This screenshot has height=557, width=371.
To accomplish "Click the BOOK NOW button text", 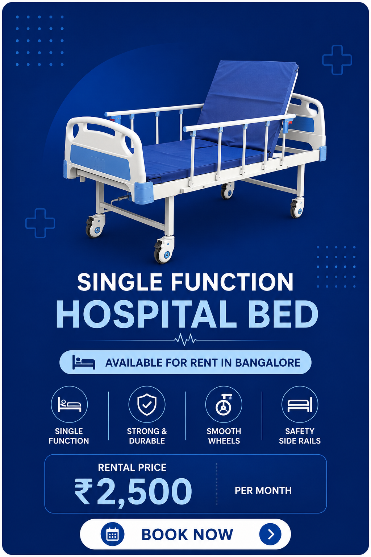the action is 187,534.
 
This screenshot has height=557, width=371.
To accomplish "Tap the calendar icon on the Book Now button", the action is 112,534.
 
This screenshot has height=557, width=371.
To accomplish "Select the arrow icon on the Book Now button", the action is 270,534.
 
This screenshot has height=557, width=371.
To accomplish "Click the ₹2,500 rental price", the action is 133,492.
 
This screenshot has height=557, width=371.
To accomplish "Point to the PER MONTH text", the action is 263,491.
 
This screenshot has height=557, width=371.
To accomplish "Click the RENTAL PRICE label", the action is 132,467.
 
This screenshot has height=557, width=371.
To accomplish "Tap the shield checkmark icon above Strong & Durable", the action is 147,404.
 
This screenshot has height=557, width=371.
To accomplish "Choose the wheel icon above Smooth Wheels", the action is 224,405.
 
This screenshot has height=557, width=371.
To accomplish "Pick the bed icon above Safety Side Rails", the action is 300,405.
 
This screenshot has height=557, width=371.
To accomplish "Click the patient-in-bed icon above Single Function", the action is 69,405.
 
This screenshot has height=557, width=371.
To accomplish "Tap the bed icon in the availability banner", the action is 83,362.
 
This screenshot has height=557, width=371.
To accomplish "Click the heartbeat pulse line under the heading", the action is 185,340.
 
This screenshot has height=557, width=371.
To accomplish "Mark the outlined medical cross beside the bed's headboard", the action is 337,60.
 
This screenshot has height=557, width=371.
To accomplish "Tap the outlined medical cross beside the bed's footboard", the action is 40,223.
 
